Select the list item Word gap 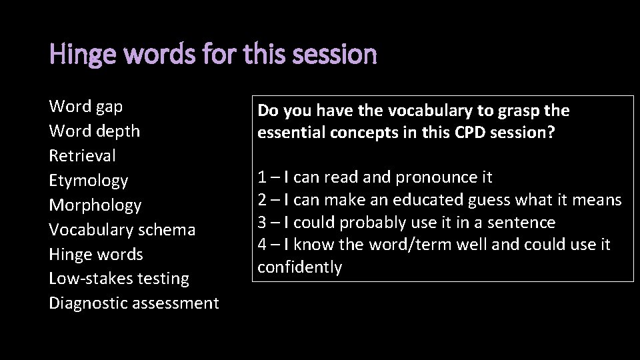coord(86,106)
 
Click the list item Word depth coord(95,131)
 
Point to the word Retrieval coord(83,155)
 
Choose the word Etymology coord(89,180)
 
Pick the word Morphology coord(95,205)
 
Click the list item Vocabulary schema coord(123,229)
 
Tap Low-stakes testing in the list coord(119,278)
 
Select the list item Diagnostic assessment coord(134,303)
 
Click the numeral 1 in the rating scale coord(261,177)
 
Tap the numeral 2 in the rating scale coord(262,199)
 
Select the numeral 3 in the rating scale coord(262,222)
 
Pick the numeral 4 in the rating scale coord(262,245)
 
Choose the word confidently coord(300,267)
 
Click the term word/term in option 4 coord(383,245)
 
